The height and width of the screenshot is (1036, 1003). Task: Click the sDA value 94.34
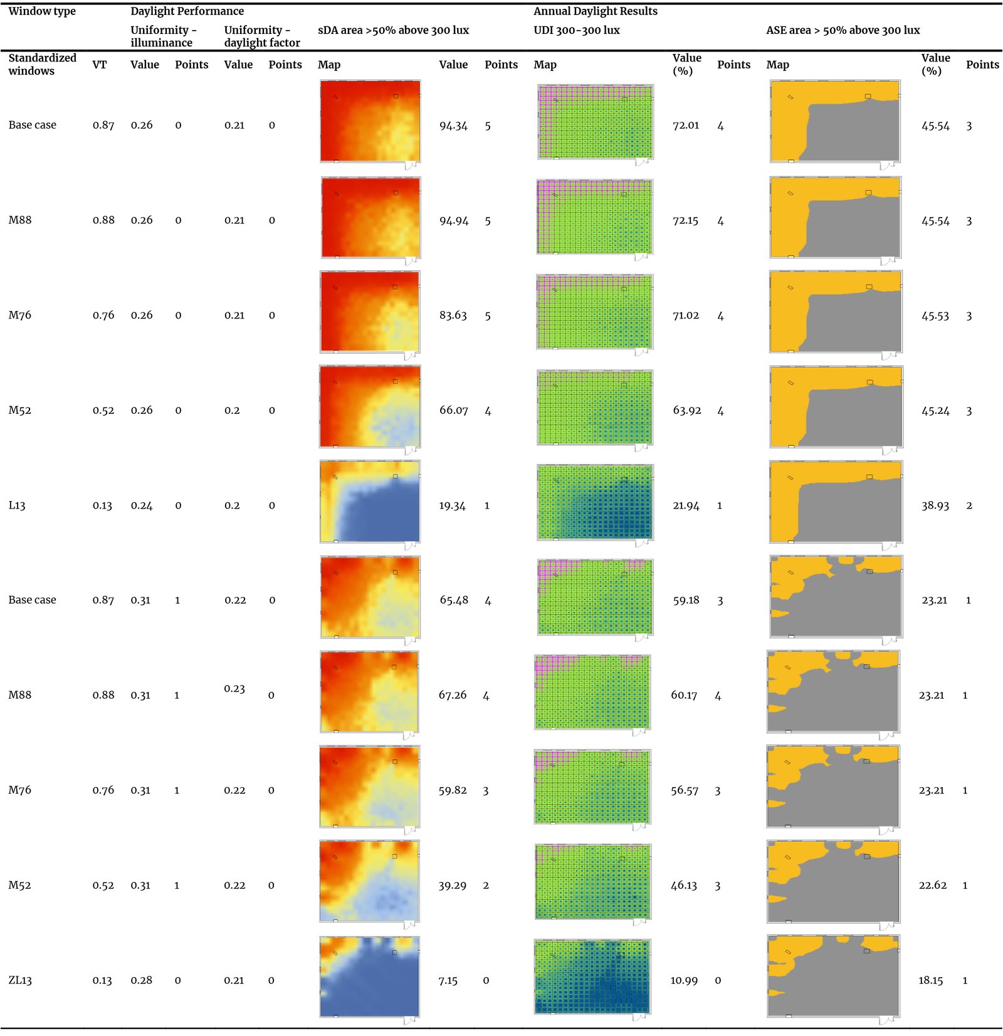tap(453, 125)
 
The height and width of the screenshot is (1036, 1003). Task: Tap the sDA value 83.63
tap(453, 315)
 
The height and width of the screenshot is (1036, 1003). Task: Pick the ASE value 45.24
tap(935, 411)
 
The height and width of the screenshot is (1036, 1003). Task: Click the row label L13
tap(17, 505)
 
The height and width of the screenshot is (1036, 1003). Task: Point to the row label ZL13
tap(20, 980)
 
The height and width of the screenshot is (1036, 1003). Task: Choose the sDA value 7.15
tap(448, 980)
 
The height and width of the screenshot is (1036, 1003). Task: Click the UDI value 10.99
tap(684, 980)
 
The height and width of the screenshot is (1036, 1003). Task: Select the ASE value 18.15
tap(930, 980)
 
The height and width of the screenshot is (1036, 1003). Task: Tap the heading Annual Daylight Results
tap(595, 11)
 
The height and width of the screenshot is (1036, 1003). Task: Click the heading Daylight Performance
tap(187, 11)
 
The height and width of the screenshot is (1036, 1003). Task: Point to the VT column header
tap(100, 65)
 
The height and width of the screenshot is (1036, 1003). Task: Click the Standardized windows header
tap(42, 64)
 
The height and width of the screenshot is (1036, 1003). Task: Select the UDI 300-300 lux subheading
tap(576, 30)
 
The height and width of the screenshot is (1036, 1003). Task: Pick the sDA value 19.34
tap(452, 505)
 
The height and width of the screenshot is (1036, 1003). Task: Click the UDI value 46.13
tap(684, 885)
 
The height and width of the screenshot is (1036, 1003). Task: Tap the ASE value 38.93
tap(935, 505)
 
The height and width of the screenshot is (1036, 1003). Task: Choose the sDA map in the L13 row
tap(370, 502)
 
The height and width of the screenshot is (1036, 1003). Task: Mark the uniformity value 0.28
tap(141, 980)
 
